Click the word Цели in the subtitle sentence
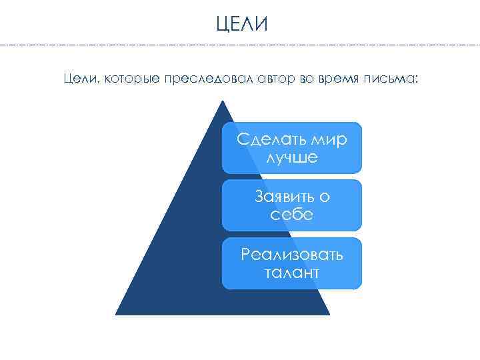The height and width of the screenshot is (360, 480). point(77,79)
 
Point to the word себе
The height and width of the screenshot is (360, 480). point(292,215)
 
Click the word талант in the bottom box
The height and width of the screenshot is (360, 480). point(292,273)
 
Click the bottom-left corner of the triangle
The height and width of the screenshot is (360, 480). point(116,313)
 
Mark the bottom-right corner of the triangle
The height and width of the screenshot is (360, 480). point(329,313)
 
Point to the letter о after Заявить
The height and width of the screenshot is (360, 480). point(325,197)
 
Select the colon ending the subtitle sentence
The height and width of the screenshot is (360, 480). point(418,80)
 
